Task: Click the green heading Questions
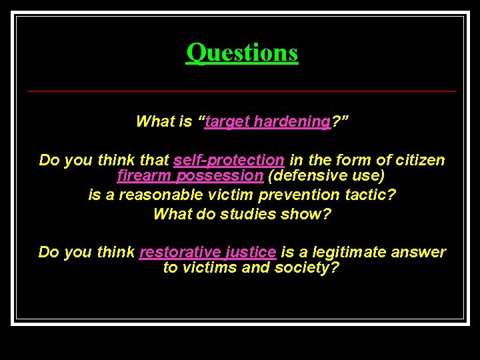pyautogui.click(x=242, y=52)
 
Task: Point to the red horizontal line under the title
pyautogui.click(x=242, y=91)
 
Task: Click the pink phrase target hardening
pyautogui.click(x=268, y=121)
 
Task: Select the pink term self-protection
pyautogui.click(x=229, y=160)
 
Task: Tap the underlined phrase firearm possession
pyautogui.click(x=190, y=176)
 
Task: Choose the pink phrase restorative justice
pyautogui.click(x=207, y=252)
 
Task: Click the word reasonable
pyautogui.click(x=154, y=195)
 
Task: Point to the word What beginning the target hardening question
pyautogui.click(x=153, y=121)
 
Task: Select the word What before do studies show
pyautogui.click(x=171, y=214)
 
